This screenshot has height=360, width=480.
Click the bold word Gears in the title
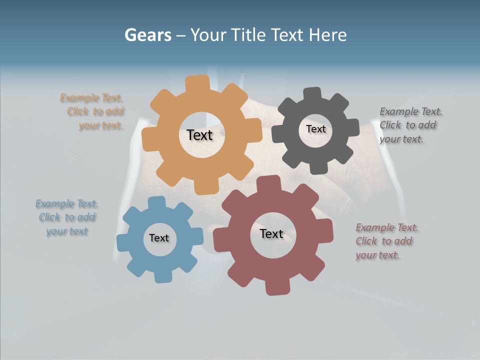(147, 35)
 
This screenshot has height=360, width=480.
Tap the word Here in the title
(327, 35)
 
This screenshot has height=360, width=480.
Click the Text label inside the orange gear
(199, 135)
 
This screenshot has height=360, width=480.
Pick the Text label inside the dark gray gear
(315, 129)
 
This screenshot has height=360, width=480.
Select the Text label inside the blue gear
(158, 238)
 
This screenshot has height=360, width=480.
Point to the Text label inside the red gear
(271, 233)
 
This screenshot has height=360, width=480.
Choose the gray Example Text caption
(410, 125)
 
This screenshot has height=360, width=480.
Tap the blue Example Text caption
(67, 217)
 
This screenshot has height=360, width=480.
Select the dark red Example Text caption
(386, 241)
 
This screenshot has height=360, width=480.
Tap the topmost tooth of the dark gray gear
(312, 93)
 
